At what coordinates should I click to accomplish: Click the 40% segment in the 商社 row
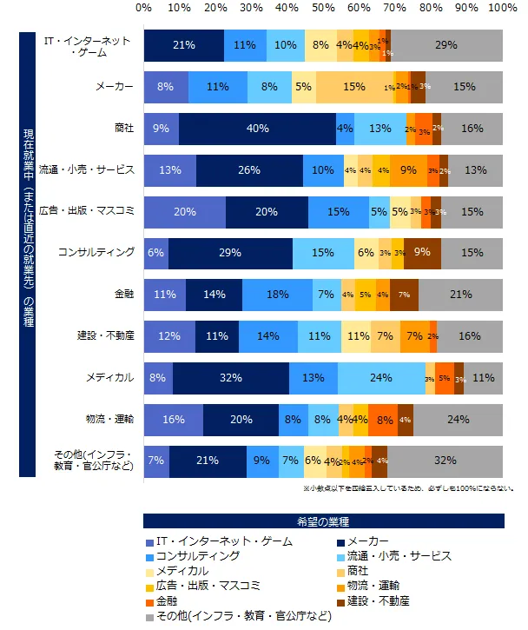point(257,128)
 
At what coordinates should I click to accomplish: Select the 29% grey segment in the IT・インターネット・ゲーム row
point(446,45)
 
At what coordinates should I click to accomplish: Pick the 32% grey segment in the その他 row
point(445,460)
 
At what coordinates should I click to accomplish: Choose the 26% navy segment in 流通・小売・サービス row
point(248,169)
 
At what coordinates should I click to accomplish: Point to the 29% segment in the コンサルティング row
point(230,252)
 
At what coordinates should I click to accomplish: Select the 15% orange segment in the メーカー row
point(353,86)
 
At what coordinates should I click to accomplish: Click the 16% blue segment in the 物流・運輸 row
point(174,418)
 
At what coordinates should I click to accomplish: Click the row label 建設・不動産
point(106,335)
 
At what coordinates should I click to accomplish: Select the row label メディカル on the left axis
point(112,377)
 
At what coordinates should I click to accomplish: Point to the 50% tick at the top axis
point(323,8)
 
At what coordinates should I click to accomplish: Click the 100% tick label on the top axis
point(502,8)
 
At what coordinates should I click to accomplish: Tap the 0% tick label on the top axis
point(144,8)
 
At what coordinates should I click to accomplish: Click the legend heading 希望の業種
point(323,521)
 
